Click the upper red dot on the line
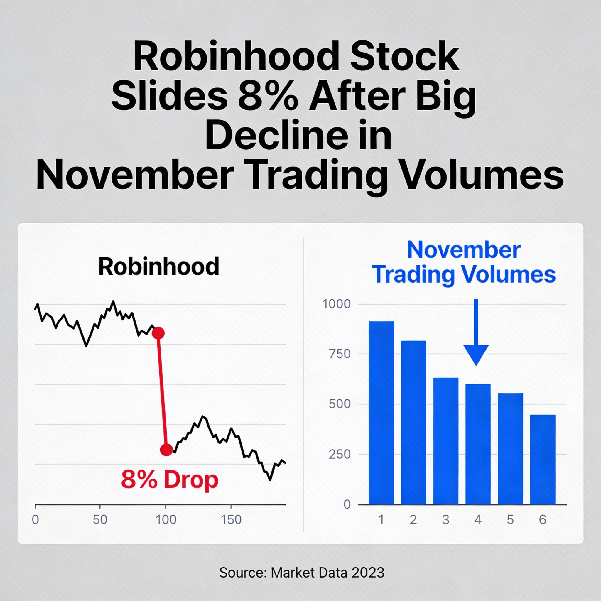158,333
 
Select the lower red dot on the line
166,450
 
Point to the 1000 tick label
336,304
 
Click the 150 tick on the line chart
231,520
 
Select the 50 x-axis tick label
100,520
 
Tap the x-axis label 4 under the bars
478,520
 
